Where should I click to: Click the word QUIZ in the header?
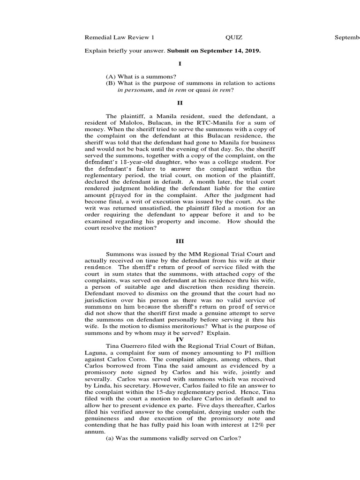click(x=233, y=37)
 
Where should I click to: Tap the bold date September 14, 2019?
click(x=230, y=51)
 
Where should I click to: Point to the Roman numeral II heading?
click(x=180, y=102)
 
